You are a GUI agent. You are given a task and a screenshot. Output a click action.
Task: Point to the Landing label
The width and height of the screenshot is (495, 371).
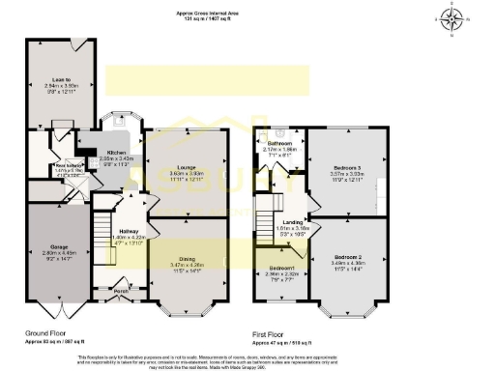(293, 223)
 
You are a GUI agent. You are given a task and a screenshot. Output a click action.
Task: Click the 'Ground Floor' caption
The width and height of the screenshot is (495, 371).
(44, 331)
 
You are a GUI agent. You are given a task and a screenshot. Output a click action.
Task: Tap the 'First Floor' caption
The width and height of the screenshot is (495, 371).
(272, 331)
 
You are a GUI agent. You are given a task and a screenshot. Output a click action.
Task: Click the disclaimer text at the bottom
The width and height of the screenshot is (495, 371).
(247, 358)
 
